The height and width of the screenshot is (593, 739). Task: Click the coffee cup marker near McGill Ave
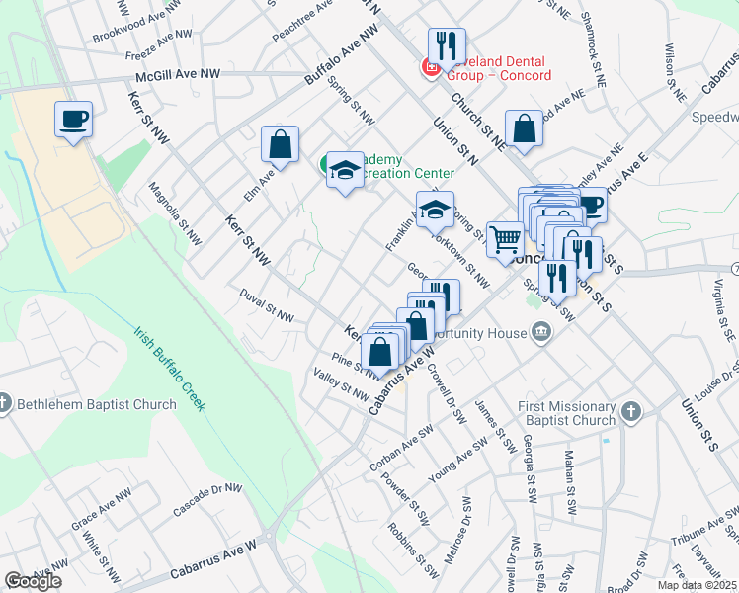[74, 121]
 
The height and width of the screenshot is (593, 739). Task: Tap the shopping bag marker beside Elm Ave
[281, 144]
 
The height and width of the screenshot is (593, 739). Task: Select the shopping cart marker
[505, 239]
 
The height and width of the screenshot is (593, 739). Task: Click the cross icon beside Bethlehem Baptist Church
[5, 403]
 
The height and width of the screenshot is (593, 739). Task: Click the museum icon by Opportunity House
[540, 333]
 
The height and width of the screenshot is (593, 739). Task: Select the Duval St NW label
[267, 305]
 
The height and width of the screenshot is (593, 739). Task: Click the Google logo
[33, 581]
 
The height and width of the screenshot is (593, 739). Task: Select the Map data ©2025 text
[697, 585]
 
